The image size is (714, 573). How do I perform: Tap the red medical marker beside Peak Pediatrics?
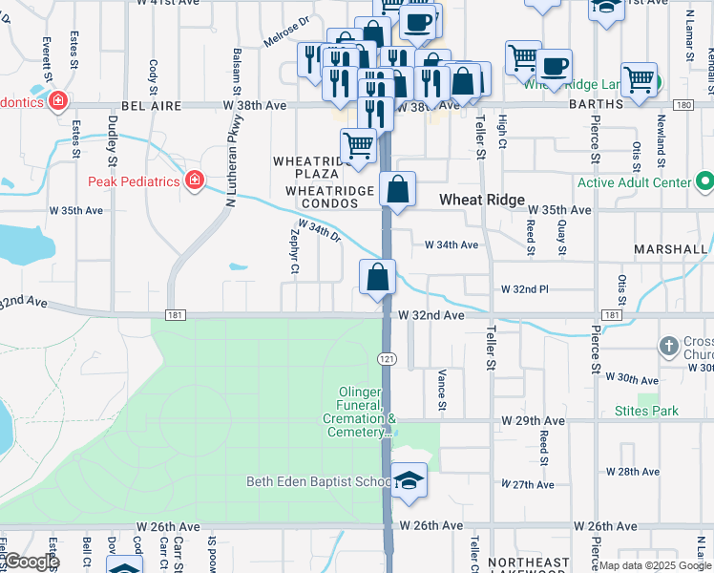pos(195,180)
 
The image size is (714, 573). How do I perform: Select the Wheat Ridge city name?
pos(482,200)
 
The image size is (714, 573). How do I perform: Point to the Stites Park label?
pos(646,411)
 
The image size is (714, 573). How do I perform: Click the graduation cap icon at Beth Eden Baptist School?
pos(409,479)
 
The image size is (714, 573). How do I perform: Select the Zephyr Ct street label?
pos(294,255)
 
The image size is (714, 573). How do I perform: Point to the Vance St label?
pos(442,390)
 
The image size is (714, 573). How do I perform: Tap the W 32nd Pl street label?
pos(524,288)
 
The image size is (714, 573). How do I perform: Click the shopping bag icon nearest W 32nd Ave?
pos(378,278)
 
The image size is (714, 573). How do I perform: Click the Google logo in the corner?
pos(31,561)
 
